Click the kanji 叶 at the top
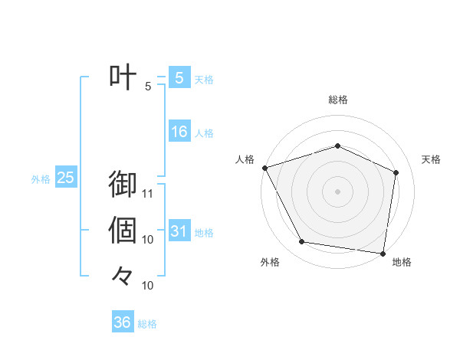123,78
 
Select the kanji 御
123,185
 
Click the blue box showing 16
179,133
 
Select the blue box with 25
65,178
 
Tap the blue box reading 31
179,231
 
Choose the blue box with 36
122,322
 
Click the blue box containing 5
179,78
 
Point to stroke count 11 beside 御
149,193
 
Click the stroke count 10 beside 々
149,286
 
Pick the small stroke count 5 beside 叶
149,87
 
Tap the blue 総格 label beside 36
147,324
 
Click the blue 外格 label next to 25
41,179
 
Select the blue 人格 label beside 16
204,133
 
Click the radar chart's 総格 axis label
338,100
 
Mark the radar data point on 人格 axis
264,167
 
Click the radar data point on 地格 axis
383,253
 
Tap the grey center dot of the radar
337,191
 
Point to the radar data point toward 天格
396,172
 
